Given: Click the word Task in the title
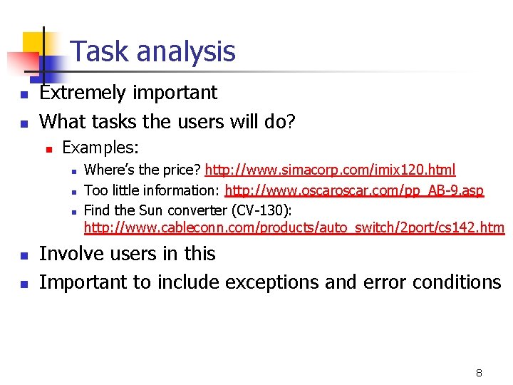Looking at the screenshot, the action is (x=99, y=51).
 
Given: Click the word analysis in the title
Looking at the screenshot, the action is (x=186, y=52).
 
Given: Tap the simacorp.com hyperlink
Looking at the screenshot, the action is (x=330, y=170).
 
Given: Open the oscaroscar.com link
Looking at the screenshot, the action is (x=354, y=190).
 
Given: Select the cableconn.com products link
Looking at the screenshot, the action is (x=294, y=227).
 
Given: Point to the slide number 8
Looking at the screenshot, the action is (x=479, y=373).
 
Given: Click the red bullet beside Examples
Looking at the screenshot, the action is (x=49, y=150).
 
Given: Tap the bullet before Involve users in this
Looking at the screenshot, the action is (x=24, y=256).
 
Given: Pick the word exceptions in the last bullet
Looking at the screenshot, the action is (x=271, y=282).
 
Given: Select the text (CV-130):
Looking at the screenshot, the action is (x=261, y=210).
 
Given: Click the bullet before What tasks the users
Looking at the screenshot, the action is (x=24, y=124).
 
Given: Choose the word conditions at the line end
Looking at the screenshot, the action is (x=457, y=282).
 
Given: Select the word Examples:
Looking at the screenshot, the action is (x=100, y=148).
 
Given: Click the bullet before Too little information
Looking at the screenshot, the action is (x=74, y=192).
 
